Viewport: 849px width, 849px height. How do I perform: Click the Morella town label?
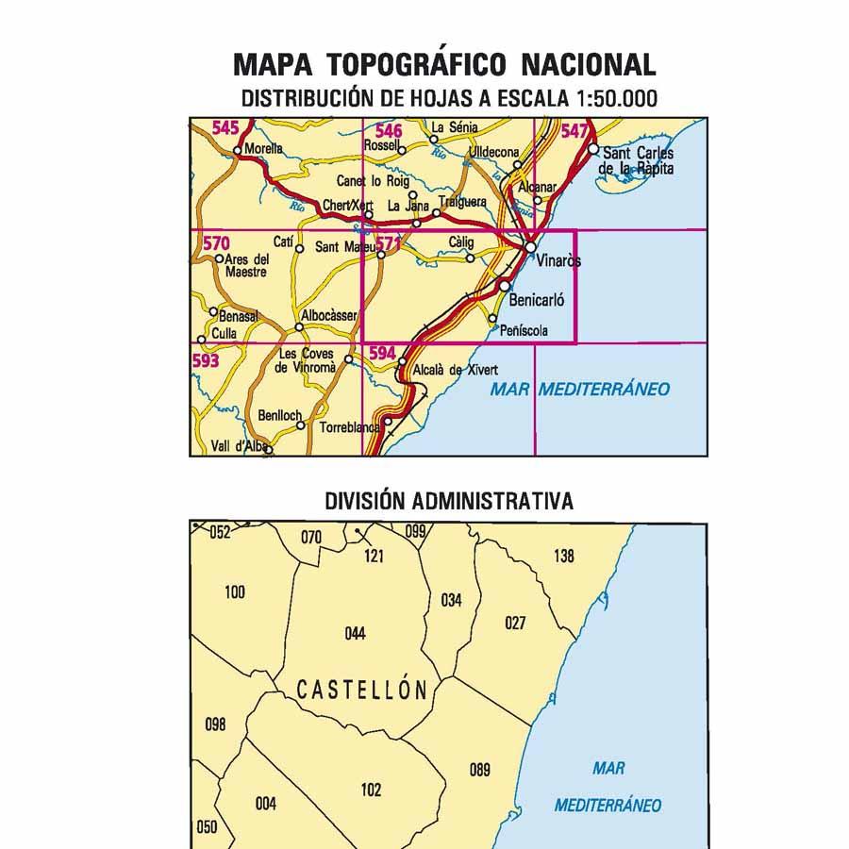coord(263,149)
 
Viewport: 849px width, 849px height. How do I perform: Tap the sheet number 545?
coord(225,128)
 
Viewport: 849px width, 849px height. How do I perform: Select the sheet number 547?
coord(574,131)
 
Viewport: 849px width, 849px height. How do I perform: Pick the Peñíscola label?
coord(524,330)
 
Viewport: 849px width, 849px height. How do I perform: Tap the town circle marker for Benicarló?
coord(505,286)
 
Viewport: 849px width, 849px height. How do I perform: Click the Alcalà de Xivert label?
coord(456,371)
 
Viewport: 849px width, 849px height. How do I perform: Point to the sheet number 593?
coord(205,360)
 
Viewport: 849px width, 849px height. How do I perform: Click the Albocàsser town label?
coord(329,316)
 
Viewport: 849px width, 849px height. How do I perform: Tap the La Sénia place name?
coord(455,127)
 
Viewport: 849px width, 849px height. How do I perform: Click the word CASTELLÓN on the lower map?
coord(362,691)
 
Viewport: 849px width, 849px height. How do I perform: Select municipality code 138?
coord(563,557)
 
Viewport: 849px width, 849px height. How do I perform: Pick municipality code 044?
coord(355,634)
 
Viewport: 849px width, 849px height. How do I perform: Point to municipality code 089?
coord(479,771)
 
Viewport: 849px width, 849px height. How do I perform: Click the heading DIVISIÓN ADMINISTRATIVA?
coord(448,501)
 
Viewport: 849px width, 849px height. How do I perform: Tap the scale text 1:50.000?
coord(613,98)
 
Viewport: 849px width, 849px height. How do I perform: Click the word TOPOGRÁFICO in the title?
coord(422,64)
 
